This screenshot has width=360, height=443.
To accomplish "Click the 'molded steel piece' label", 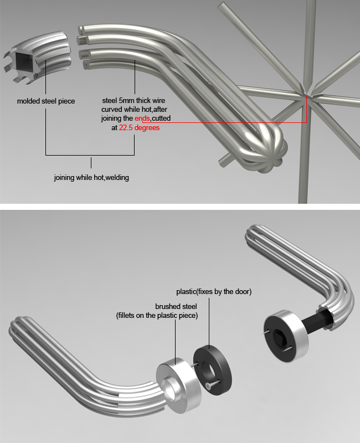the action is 46,101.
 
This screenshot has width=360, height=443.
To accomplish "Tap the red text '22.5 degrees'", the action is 140,128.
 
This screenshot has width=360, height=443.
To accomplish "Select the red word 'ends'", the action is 142,118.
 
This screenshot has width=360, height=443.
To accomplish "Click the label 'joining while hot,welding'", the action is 91,177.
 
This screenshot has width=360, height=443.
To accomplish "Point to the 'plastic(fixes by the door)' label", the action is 214,291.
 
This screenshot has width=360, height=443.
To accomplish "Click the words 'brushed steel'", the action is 176,306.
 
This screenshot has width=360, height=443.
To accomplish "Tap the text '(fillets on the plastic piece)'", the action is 157,315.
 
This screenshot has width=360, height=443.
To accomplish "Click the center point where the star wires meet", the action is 307,95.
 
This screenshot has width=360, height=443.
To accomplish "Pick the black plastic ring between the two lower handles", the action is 213,368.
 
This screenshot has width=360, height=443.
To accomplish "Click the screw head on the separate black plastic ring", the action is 208,384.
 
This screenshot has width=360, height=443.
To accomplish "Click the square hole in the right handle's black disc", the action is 279,336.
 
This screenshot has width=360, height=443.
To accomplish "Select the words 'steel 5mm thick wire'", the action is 133,100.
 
